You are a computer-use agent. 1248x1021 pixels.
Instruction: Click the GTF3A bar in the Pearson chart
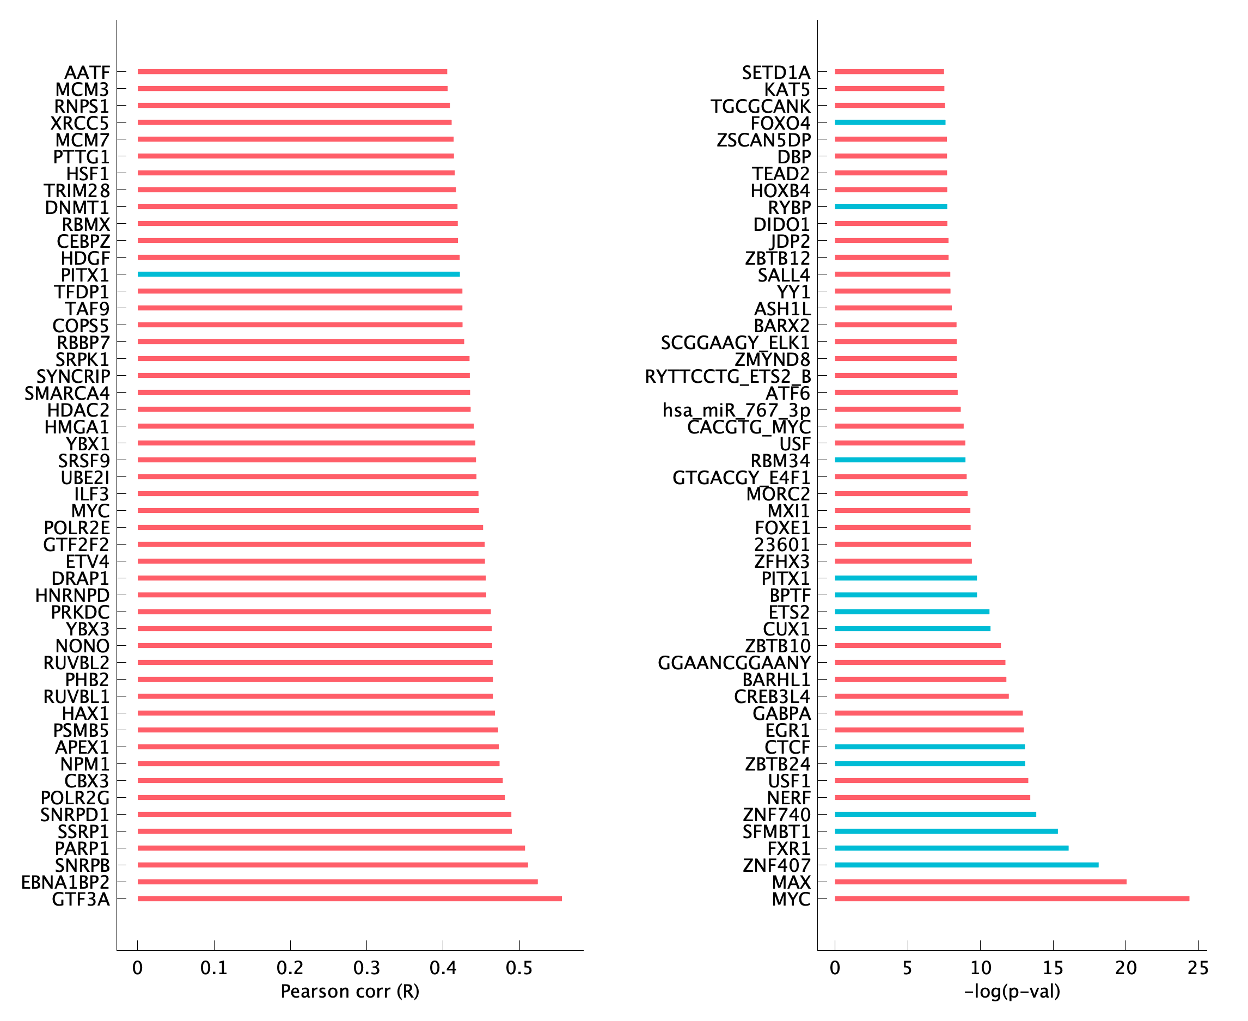point(350,898)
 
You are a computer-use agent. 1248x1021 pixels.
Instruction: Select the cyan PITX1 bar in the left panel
point(298,274)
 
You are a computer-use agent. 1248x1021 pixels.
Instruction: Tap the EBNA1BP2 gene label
point(65,882)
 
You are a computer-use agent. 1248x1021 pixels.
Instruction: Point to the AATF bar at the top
point(292,72)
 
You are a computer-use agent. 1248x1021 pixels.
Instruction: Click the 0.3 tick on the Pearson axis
point(366,968)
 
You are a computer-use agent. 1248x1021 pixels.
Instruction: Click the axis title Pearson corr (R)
point(350,992)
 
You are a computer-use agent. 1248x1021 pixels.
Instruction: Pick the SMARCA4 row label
point(67,393)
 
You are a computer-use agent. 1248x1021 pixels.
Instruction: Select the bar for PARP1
point(331,848)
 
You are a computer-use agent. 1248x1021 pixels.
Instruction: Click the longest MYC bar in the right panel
point(1012,898)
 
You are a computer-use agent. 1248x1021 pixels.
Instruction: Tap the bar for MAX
point(981,882)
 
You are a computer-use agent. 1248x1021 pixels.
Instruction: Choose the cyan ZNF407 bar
point(966,865)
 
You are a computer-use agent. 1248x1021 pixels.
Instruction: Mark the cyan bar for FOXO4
point(890,123)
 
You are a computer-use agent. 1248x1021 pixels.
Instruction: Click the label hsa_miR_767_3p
point(736,410)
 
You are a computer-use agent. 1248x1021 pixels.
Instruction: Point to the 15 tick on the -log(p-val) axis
point(1053,968)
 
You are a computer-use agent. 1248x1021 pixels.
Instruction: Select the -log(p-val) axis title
point(1012,992)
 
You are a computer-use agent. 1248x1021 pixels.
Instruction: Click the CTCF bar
point(929,747)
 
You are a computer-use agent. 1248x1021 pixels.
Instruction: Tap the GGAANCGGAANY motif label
point(734,663)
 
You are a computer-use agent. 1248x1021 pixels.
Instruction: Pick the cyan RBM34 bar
point(900,460)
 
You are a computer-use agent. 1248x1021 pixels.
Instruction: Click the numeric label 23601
point(781,545)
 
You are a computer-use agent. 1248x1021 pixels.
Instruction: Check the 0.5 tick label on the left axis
point(519,968)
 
